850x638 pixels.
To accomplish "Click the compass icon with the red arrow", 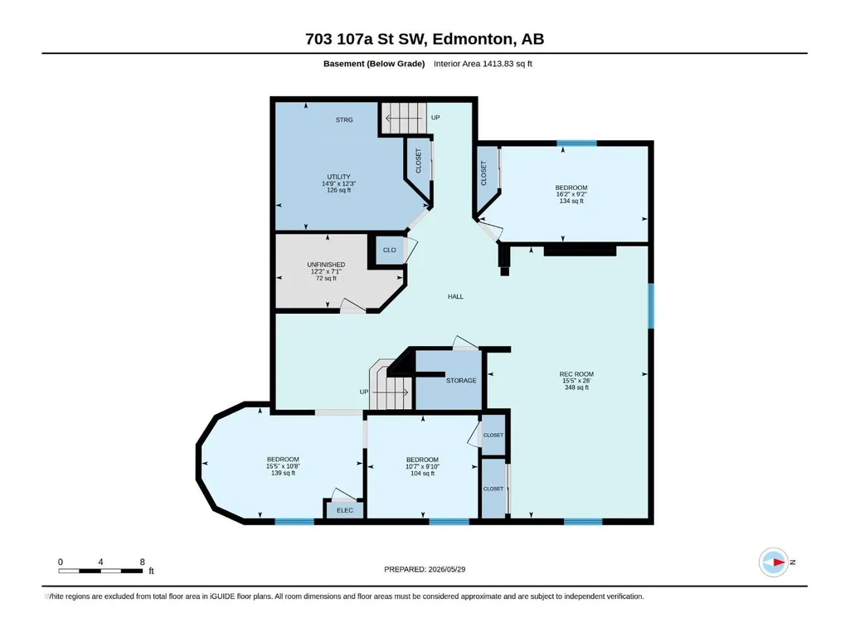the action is (774, 562).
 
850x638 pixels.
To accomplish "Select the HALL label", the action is (455, 297).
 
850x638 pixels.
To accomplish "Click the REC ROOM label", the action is (576, 374).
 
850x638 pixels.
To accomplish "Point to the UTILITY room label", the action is (339, 177).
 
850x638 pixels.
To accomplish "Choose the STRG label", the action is (344, 120).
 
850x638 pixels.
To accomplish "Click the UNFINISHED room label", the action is (326, 265).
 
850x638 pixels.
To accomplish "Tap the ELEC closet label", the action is (345, 510).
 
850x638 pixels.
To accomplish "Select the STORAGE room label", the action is (461, 381).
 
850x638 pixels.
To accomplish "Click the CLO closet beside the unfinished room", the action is (390, 250).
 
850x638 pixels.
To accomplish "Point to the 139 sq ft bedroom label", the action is (283, 466).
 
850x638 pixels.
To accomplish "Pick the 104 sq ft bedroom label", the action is (422, 466).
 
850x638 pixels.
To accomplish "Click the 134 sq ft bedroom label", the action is (571, 194).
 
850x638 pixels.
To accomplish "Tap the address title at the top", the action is (425, 39).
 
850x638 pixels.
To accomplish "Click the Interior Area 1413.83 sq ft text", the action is (483, 64).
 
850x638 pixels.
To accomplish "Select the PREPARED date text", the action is (425, 569).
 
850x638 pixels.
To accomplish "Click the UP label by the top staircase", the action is (435, 118).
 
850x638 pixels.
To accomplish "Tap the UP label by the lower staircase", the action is (364, 392).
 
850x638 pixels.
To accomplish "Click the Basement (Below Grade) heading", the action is (374, 64).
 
